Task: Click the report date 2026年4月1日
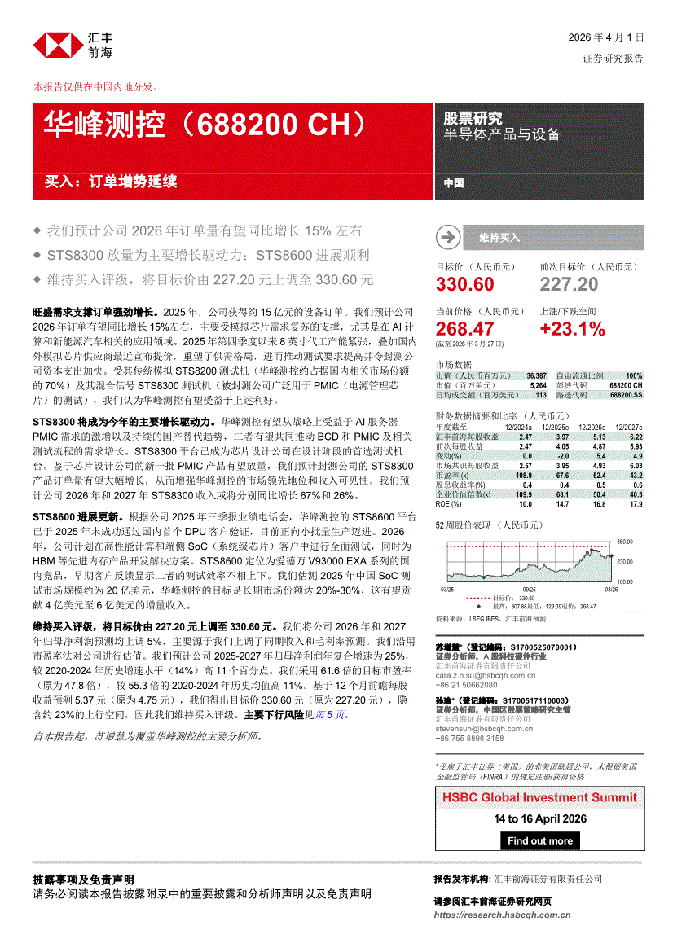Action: [x=606, y=37]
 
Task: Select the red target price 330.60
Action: [x=464, y=284]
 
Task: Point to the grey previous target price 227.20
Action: [x=569, y=284]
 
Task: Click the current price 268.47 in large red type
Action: [x=464, y=329]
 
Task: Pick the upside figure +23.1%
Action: [x=572, y=329]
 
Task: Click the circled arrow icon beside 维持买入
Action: [x=447, y=238]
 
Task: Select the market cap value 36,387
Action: [x=535, y=375]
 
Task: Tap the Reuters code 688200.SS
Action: [x=626, y=394]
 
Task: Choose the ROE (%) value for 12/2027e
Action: [x=633, y=504]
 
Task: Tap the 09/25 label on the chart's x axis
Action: [x=529, y=589]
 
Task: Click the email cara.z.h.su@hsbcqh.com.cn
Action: [x=485, y=675]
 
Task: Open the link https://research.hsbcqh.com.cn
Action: [x=503, y=915]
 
